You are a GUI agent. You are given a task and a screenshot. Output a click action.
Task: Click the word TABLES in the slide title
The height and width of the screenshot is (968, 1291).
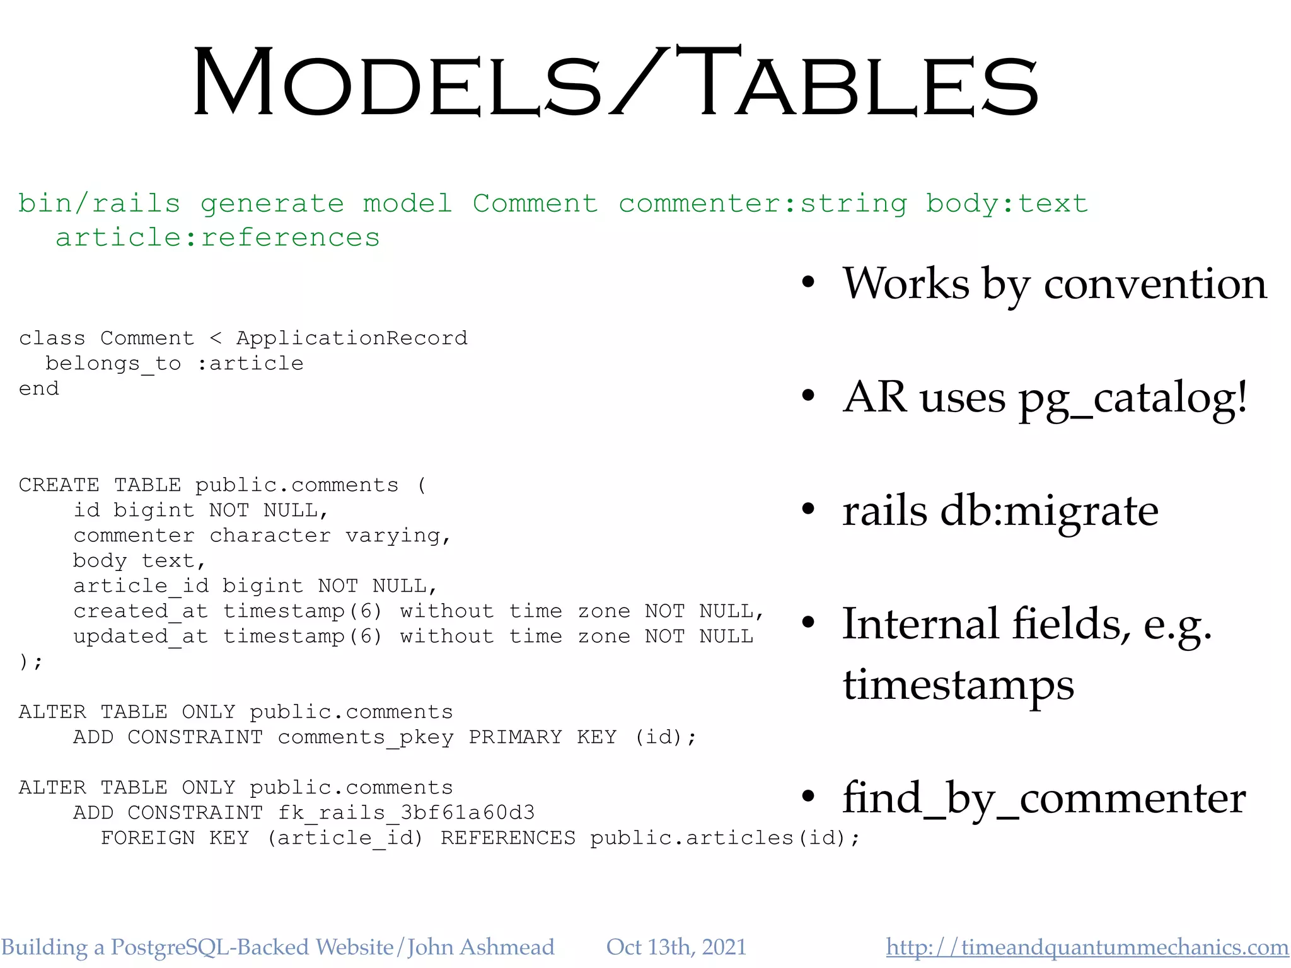pos(857,82)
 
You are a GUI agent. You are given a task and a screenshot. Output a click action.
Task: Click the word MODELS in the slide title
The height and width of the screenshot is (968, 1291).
pos(397,82)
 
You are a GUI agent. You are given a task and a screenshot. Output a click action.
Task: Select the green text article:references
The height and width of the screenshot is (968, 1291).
pos(217,238)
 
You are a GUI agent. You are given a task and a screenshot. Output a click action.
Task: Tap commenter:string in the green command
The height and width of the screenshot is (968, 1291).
pos(763,204)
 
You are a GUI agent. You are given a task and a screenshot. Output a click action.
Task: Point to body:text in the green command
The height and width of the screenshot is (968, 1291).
pos(1007,204)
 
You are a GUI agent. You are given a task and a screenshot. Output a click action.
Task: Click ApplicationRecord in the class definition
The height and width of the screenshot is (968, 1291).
pos(352,338)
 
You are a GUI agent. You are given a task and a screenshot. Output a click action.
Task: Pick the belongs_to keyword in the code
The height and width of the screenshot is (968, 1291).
pos(113,364)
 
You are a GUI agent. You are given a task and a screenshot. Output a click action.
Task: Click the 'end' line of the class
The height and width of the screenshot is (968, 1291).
pos(39,389)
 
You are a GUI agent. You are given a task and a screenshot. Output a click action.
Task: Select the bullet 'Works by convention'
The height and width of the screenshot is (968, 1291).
pos(1054,284)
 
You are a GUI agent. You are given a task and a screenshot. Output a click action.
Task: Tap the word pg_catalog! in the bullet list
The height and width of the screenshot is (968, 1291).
pos(1133,398)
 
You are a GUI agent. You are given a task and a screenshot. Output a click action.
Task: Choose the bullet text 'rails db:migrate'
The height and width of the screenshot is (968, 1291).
pos(1000,510)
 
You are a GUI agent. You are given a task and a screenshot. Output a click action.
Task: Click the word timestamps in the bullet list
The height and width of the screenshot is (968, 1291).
pos(958,684)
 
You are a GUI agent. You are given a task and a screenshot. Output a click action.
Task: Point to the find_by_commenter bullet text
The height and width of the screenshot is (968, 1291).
pos(1044,798)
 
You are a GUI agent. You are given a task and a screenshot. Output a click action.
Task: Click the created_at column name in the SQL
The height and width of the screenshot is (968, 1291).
pos(141,611)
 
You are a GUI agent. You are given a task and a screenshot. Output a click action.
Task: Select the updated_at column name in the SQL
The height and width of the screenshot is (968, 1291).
pos(141,637)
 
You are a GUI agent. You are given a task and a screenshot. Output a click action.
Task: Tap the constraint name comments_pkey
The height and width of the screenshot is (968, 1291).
pos(366,737)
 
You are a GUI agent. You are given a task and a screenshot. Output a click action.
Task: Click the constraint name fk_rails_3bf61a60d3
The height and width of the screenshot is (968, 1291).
pos(406,813)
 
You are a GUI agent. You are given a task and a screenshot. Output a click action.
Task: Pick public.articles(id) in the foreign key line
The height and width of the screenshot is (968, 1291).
pos(724,838)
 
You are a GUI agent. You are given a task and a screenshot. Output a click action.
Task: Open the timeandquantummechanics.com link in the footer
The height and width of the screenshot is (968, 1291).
pos(1087,947)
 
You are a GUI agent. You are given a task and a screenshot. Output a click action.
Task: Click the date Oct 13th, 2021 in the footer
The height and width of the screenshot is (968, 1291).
pos(676,947)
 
